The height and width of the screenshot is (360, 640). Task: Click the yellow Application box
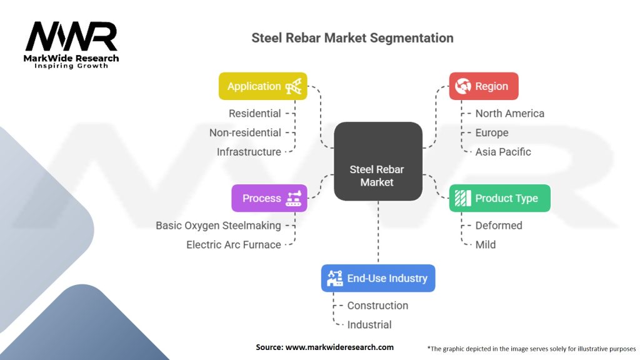click(262, 86)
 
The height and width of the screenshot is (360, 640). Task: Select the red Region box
click(484, 86)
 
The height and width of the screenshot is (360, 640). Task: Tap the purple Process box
click(269, 198)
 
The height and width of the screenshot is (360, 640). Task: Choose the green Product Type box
click(499, 198)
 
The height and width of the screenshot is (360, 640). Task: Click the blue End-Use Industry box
click(378, 278)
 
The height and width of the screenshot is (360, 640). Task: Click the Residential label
click(255, 114)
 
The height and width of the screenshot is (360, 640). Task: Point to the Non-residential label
click(245, 132)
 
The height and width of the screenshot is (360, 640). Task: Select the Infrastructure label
click(249, 152)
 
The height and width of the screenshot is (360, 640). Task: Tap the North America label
click(509, 114)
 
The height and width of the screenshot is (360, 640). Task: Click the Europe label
click(492, 132)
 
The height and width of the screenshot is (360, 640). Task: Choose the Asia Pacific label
click(503, 152)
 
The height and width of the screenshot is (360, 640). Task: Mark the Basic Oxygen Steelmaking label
click(218, 225)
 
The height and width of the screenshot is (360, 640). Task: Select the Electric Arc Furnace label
click(234, 244)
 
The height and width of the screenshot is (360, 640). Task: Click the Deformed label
click(499, 225)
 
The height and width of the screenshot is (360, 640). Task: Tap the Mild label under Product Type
click(486, 244)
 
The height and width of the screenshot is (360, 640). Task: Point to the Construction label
click(377, 306)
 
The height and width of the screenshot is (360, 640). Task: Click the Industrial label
click(369, 324)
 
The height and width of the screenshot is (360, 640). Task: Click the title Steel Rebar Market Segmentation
click(352, 37)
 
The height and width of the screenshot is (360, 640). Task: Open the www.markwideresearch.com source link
click(339, 347)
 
